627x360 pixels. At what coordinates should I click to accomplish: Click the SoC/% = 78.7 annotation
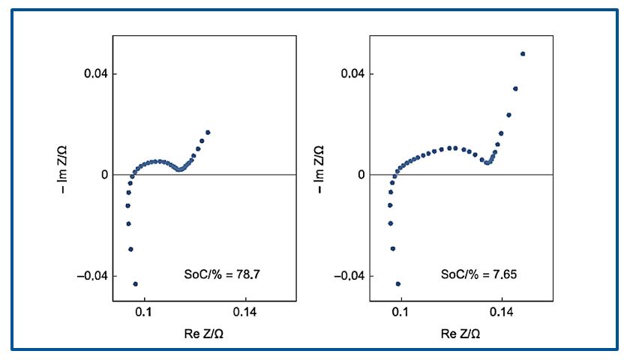coord(223,275)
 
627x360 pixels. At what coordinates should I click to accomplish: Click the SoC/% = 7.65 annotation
coord(478,275)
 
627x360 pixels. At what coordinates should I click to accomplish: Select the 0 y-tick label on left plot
coord(104,175)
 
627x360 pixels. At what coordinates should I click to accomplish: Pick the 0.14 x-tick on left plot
coord(245,313)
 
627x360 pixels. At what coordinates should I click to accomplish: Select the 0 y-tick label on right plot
coord(361,175)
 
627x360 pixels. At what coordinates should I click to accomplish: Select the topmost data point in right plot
coord(523,54)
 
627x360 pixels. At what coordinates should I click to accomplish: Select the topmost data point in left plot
coord(208,133)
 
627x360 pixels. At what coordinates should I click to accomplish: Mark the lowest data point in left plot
coord(135,284)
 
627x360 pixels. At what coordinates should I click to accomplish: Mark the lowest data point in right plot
coord(397,284)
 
